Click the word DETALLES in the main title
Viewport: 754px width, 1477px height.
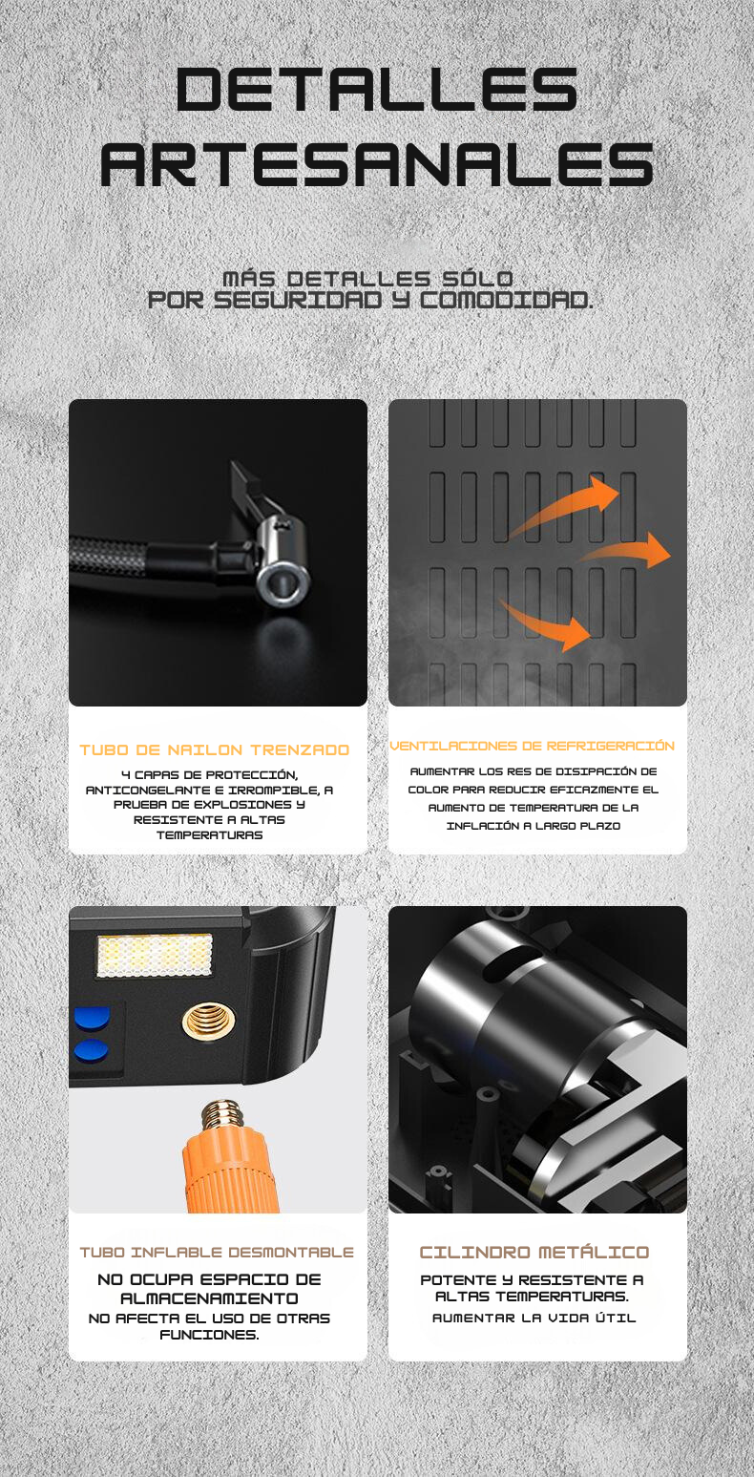(x=377, y=89)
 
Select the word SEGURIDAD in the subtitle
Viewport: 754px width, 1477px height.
(x=298, y=301)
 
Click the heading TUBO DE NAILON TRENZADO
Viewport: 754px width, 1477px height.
(x=214, y=749)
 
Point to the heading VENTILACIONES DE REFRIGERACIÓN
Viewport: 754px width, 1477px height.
(x=532, y=746)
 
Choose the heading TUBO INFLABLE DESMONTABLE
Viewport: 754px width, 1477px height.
(x=217, y=1252)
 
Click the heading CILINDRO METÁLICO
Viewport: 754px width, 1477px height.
(x=534, y=1252)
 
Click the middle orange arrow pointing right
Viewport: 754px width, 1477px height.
(x=626, y=551)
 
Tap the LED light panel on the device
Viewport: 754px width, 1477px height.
(x=155, y=955)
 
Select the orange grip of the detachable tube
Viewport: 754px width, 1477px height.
(x=229, y=1171)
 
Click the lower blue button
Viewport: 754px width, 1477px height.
(x=92, y=1050)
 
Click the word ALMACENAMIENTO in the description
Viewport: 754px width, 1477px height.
(x=210, y=1298)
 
